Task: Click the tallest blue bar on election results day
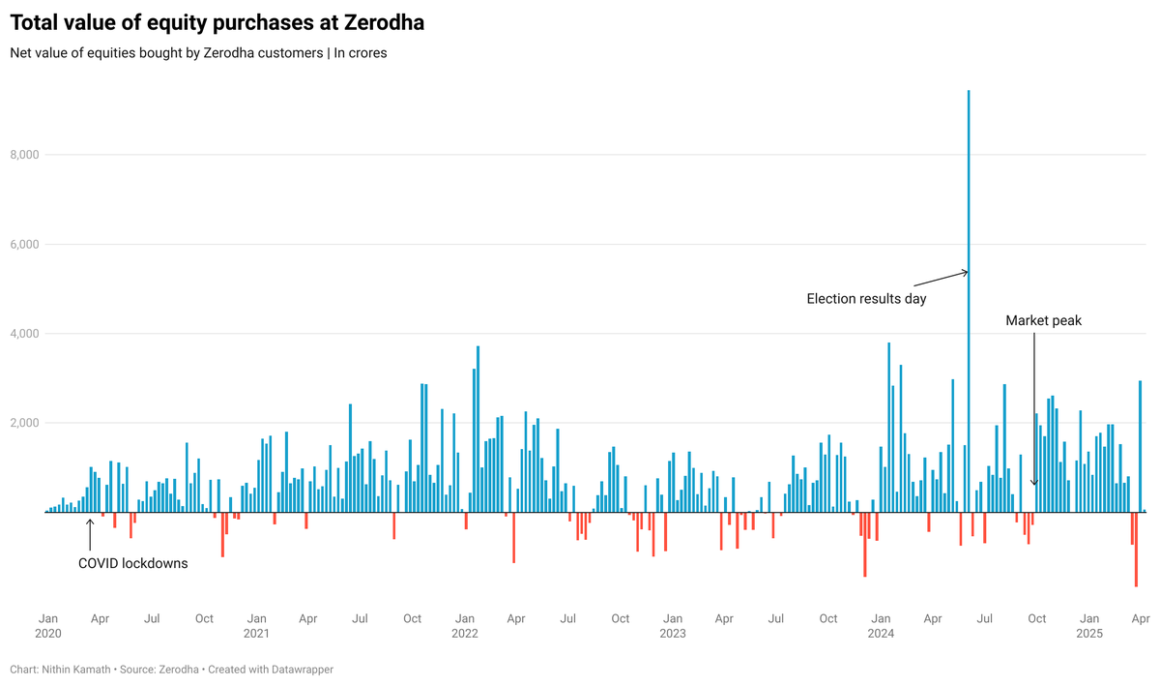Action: tap(969, 301)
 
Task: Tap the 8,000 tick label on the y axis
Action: tap(24, 155)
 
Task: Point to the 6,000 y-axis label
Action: tap(24, 244)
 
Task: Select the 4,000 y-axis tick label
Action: tap(24, 334)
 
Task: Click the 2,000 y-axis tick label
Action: tap(24, 423)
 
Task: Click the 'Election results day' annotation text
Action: tap(866, 299)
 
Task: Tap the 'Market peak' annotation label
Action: tap(1043, 320)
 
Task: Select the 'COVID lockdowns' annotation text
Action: tap(133, 563)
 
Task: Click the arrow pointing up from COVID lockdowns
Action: tap(90, 535)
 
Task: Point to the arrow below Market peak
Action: tap(1034, 408)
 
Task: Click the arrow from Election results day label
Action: tap(941, 279)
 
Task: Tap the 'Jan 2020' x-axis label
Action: tap(48, 626)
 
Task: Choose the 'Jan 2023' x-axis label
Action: tap(673, 626)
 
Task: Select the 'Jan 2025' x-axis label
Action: tap(1089, 626)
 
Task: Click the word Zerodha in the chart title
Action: tap(385, 23)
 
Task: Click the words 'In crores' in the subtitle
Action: tap(361, 53)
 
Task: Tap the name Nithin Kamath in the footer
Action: tap(76, 670)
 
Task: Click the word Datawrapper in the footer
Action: tap(303, 670)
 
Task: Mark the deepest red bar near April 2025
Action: tap(1136, 550)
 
